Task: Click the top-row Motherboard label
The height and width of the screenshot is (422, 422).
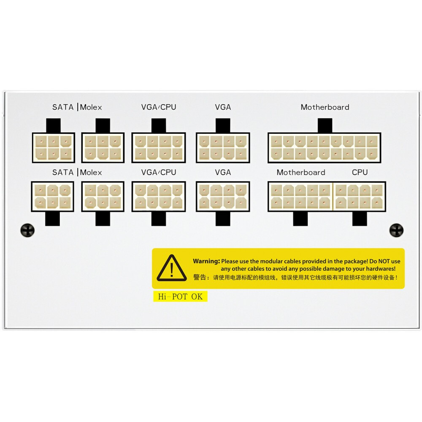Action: tap(325, 107)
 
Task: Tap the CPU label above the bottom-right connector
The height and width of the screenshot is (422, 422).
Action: tap(360, 172)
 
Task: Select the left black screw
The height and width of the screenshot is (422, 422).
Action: tap(27, 230)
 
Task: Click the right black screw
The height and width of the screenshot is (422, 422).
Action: tap(396, 230)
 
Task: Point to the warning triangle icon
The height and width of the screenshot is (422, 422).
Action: tap(171, 268)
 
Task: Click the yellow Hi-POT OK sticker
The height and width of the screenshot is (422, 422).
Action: tap(180, 297)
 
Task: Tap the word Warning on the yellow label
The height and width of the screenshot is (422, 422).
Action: tap(206, 261)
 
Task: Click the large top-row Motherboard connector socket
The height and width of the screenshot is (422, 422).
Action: tap(324, 148)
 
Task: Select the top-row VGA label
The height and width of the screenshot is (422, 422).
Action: tap(223, 107)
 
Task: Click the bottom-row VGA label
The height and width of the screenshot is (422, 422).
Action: tap(223, 172)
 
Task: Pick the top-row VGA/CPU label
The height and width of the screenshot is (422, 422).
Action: tap(159, 107)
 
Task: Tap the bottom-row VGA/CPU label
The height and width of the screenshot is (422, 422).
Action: tap(159, 172)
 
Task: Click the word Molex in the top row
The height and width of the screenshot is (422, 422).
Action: tap(91, 107)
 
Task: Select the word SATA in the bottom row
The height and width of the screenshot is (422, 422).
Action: tap(63, 172)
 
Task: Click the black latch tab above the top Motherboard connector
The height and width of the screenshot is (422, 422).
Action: tap(325, 125)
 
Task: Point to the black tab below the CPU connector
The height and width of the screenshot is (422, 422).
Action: tap(360, 219)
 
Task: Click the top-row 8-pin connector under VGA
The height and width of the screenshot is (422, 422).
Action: tap(223, 148)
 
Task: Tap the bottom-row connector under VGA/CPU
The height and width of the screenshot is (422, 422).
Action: tap(159, 197)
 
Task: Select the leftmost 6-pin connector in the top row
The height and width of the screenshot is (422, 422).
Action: tap(53, 148)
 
